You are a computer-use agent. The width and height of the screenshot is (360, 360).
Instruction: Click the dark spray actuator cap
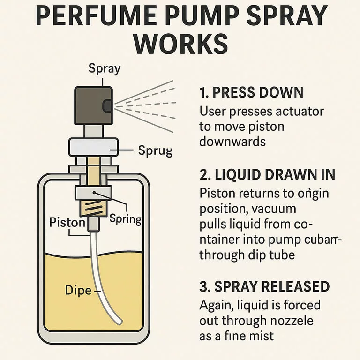(x=93, y=105)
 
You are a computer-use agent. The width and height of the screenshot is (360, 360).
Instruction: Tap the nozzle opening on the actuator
(x=107, y=106)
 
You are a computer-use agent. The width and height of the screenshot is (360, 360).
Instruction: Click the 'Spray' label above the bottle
(x=105, y=68)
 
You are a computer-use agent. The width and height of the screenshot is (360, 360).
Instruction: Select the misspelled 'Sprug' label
(x=155, y=151)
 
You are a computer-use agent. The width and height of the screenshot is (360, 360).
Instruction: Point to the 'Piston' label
(x=67, y=222)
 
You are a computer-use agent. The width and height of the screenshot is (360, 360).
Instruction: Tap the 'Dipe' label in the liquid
(x=78, y=290)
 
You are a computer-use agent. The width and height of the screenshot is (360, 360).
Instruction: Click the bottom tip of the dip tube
(x=119, y=322)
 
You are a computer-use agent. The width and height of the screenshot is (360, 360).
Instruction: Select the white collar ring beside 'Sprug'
(x=93, y=147)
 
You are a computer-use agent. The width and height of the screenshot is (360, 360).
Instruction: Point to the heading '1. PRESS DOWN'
(x=251, y=92)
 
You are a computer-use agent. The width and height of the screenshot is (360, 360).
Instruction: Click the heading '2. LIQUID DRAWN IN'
(x=267, y=174)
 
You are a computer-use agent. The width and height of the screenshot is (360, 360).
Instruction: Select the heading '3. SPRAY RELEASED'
(x=264, y=286)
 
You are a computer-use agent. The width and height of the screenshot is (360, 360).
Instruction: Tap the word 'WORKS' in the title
(x=180, y=44)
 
